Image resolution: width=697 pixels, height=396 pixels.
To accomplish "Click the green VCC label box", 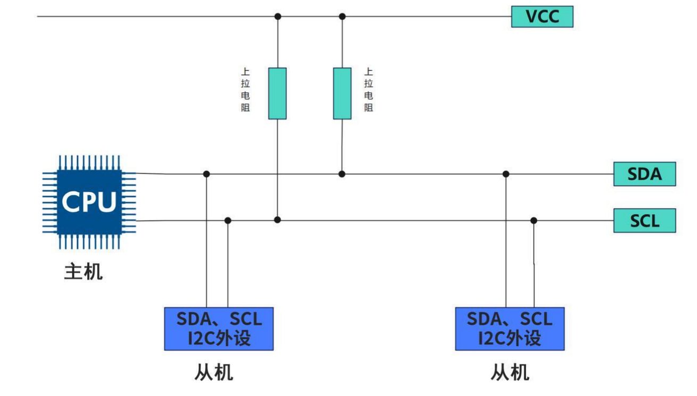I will point(542,16).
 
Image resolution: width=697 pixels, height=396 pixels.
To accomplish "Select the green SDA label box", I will point(644,174).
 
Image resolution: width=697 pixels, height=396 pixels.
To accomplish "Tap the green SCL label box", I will point(644,221).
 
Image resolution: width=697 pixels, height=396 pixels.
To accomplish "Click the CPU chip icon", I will point(89,202).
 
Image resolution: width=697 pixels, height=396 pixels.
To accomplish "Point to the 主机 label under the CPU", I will point(83,272).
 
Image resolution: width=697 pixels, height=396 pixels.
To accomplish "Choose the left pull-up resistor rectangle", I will point(277,94).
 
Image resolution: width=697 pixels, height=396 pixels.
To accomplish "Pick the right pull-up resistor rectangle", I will point(342,94).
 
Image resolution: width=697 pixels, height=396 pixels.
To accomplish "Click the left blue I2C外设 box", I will point(219,328).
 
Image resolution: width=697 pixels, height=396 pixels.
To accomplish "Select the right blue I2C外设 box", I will point(509,328).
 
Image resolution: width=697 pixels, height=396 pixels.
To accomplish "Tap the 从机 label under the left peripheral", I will point(213,372).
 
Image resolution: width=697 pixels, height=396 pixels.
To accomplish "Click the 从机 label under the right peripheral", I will point(509,372).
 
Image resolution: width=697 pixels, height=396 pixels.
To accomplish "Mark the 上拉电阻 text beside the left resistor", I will point(245,89).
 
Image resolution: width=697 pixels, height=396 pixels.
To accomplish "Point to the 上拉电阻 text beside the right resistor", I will point(369,89).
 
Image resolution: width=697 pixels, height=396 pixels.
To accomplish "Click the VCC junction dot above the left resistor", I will point(277,16).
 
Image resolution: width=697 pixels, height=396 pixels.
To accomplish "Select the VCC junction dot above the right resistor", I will point(342,16).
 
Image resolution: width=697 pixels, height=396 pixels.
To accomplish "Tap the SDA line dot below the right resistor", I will point(342,174).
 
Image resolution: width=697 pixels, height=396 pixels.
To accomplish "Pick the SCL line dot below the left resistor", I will point(277,220).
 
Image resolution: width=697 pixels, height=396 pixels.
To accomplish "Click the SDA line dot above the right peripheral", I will point(506,174).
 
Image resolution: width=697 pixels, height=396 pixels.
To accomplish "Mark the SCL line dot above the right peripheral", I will point(534,221).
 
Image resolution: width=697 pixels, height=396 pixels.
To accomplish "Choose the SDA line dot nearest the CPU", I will point(207,174).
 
